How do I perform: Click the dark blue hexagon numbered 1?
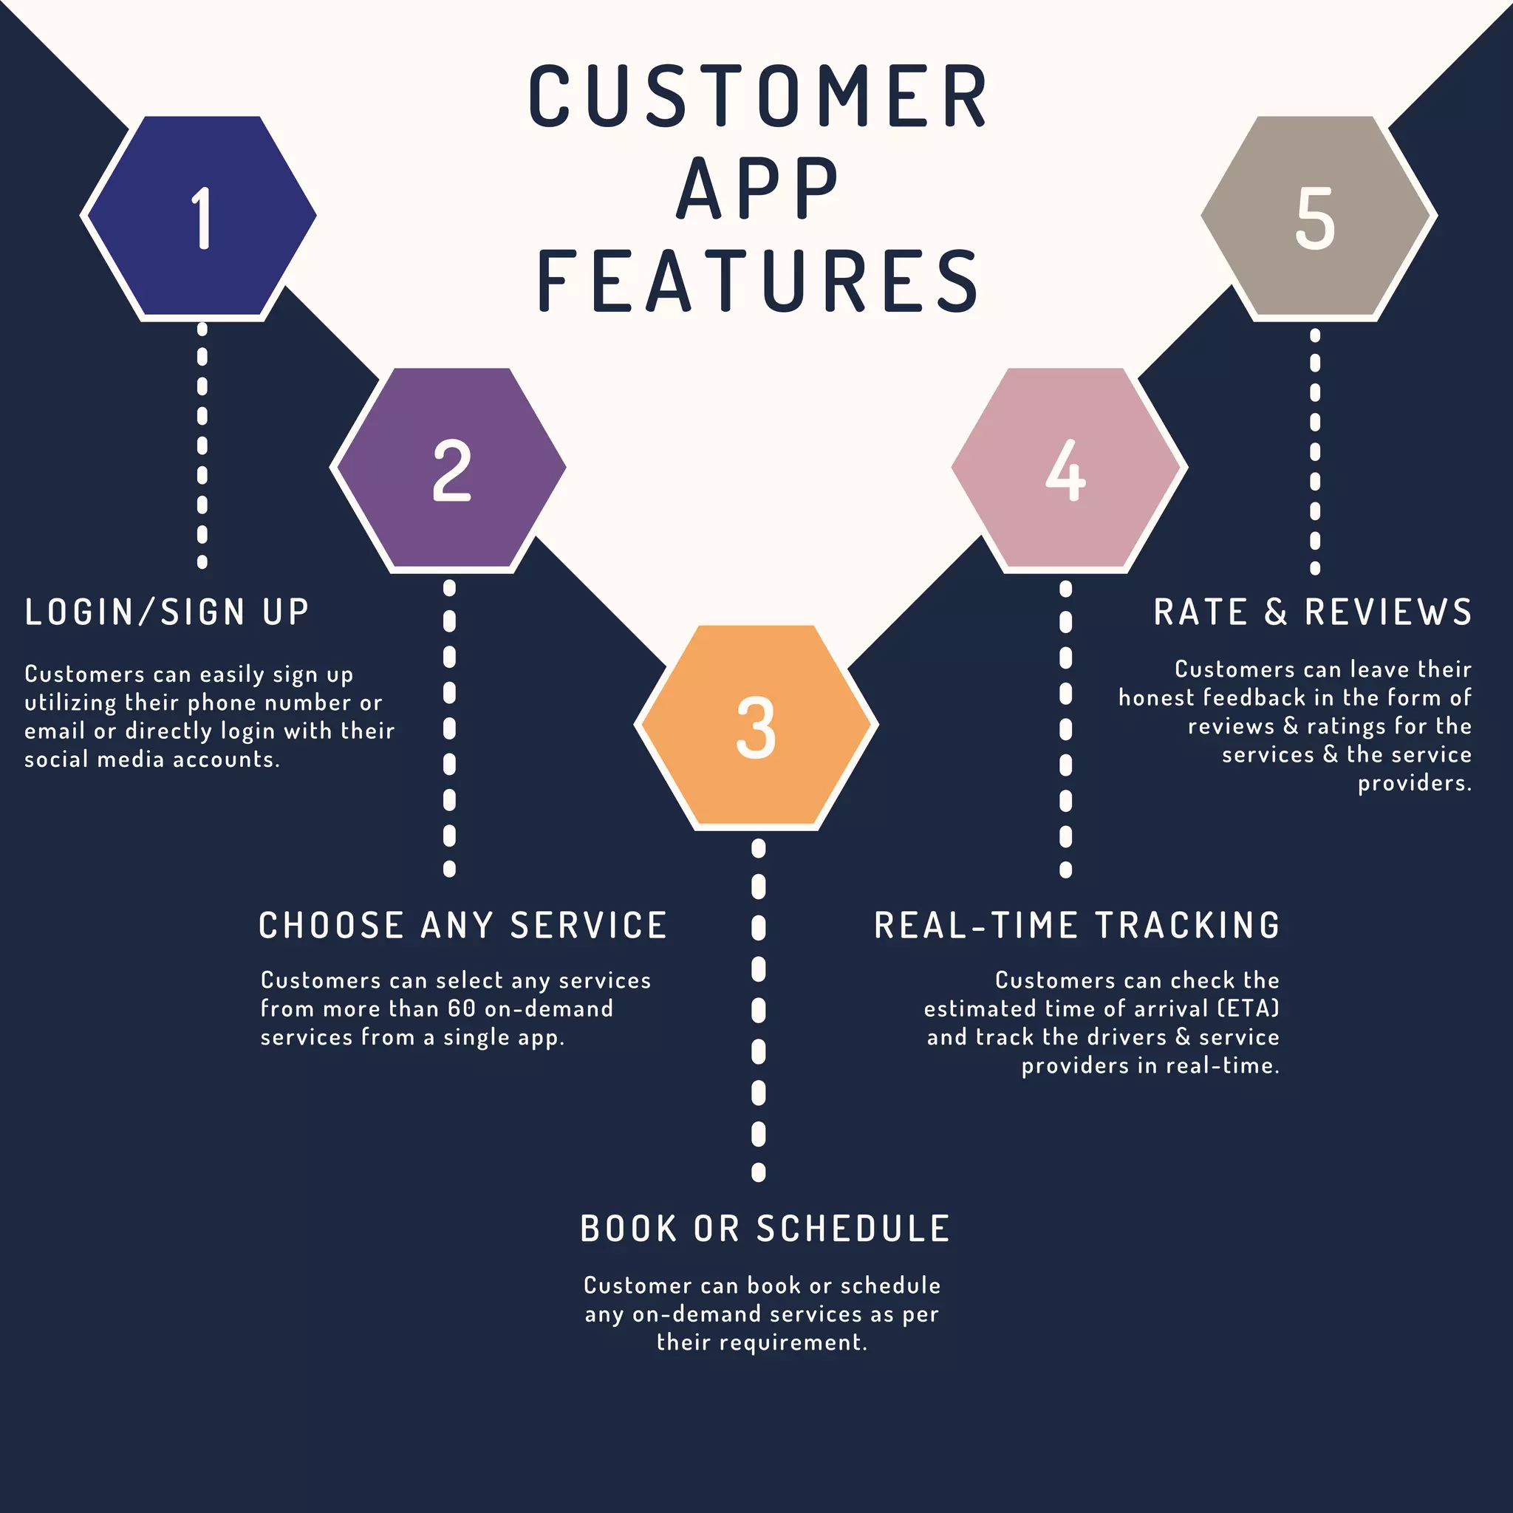200,216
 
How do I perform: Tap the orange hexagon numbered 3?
756,725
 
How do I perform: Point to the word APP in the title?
758,188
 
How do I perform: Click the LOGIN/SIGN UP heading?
167,612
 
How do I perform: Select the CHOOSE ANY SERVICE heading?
462,925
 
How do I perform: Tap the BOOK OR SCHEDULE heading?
765,1228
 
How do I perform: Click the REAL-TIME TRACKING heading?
1077,925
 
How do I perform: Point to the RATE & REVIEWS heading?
1313,612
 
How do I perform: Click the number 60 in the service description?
461,1008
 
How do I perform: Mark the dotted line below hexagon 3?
758,1010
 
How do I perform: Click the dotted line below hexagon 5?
1316,451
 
